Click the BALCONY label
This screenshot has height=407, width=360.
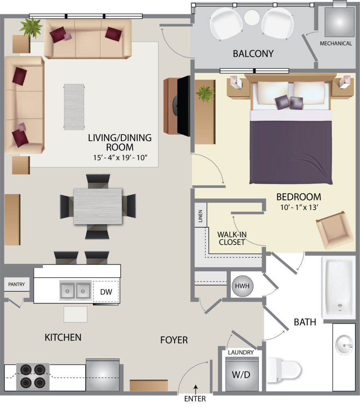pyautogui.click(x=253, y=54)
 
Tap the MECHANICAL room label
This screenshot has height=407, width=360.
pyautogui.click(x=336, y=44)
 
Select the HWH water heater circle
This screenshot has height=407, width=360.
pyautogui.click(x=242, y=286)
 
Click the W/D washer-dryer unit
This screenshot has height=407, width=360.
pyautogui.click(x=242, y=374)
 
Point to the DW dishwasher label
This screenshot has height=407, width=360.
pyautogui.click(x=106, y=292)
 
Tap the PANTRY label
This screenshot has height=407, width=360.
pyautogui.click(x=17, y=285)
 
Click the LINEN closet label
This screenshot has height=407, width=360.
pyautogui.click(x=200, y=216)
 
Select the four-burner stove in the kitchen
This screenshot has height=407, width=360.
pyautogui.click(x=33, y=377)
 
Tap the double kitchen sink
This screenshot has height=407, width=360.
pyautogui.click(x=75, y=291)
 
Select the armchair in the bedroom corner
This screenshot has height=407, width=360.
pyautogui.click(x=335, y=230)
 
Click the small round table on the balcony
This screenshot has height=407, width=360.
pyautogui.click(x=252, y=17)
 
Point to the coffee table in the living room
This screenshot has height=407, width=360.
pyautogui.click(x=74, y=107)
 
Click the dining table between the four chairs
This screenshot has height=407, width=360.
pyautogui.click(x=98, y=206)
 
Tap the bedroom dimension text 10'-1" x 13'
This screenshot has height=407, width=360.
pyautogui.click(x=299, y=207)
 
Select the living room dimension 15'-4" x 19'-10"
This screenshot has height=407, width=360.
pyautogui.click(x=120, y=157)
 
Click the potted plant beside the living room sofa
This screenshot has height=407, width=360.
pyautogui.click(x=31, y=27)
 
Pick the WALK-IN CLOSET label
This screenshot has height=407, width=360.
pyautogui.click(x=232, y=238)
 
